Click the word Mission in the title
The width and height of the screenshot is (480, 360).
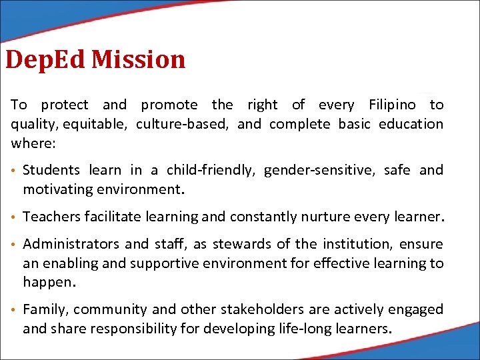click(x=138, y=59)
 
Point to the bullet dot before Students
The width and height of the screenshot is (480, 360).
click(x=14, y=171)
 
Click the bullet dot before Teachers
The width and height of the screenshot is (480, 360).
click(x=14, y=217)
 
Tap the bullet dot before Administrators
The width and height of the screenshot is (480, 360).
click(x=14, y=245)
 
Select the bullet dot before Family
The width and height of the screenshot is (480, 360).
click(x=14, y=310)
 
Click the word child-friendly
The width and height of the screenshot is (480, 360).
click(x=211, y=171)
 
